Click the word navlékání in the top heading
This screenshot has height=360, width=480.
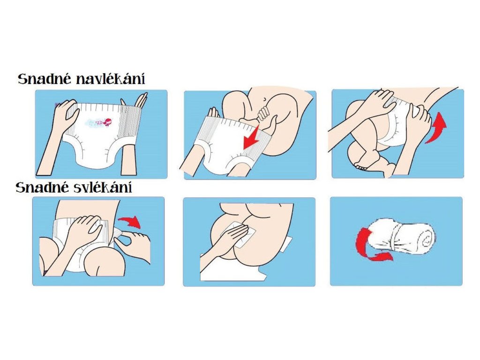111,79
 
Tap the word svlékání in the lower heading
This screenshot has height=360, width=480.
103,187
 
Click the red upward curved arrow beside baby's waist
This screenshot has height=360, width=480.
435,127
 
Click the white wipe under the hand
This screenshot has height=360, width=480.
238,234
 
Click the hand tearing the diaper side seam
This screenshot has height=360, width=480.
135,245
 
